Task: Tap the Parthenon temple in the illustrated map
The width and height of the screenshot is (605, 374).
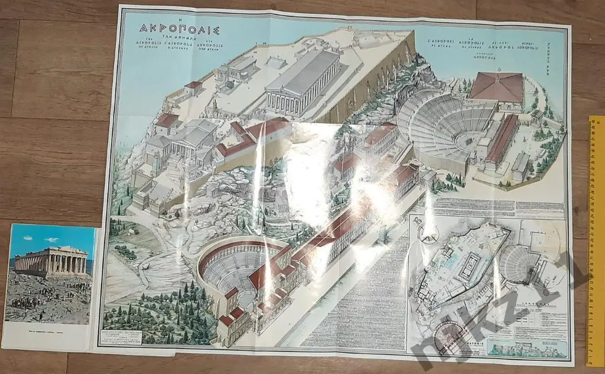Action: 302,83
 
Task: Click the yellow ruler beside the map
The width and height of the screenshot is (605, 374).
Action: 595,236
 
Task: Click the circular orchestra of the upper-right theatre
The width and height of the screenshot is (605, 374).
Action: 463,143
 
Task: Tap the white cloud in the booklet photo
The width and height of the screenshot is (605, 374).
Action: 50,240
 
